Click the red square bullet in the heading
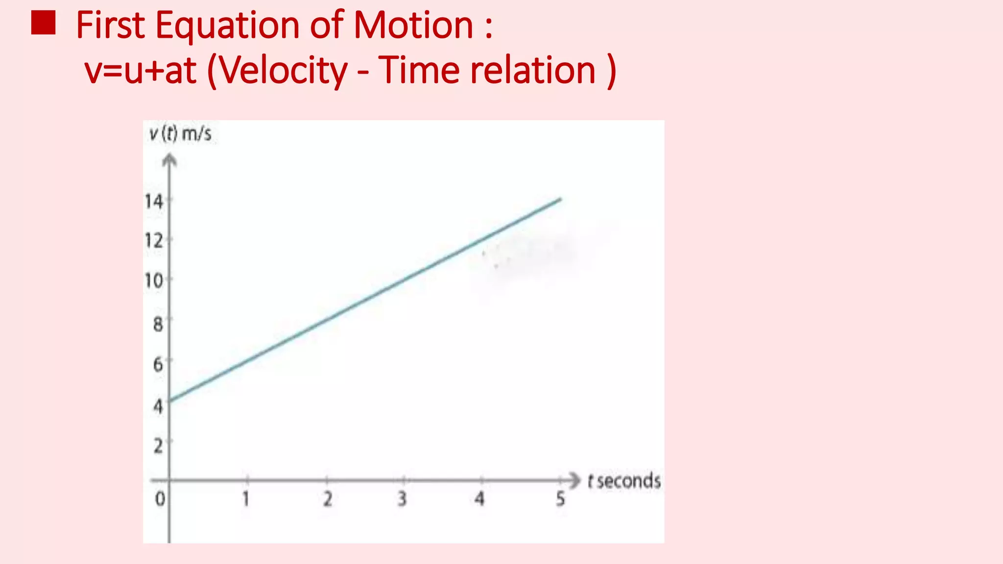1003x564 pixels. click(43, 23)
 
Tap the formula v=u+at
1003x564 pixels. click(141, 70)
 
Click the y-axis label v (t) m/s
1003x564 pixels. click(180, 134)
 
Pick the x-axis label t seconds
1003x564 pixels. click(624, 481)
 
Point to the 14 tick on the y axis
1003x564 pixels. click(153, 201)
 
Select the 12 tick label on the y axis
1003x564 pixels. click(153, 241)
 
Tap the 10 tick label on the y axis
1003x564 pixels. click(153, 281)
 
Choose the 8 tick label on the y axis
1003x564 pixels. click(158, 324)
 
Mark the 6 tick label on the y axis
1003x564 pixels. click(158, 364)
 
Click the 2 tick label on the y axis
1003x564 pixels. click(158, 446)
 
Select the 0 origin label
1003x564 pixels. click(160, 499)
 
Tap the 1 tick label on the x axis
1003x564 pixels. click(246, 499)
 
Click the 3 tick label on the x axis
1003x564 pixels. click(402, 499)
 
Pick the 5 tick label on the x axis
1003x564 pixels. click(560, 499)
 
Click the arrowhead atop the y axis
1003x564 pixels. click(169, 160)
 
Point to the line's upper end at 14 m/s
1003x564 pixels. click(560, 199)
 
